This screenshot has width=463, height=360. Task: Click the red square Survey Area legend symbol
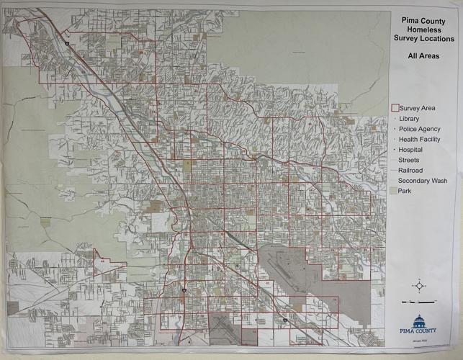point(393,108)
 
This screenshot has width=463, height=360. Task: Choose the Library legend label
point(408,118)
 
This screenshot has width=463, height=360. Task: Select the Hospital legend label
point(410,149)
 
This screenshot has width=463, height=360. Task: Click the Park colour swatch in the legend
point(392,191)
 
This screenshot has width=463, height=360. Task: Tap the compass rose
point(420,285)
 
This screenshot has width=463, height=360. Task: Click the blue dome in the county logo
point(420,320)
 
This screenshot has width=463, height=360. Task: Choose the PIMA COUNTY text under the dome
point(420,331)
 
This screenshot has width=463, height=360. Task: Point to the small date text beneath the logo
point(420,341)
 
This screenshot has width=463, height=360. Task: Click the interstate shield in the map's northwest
point(66,44)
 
